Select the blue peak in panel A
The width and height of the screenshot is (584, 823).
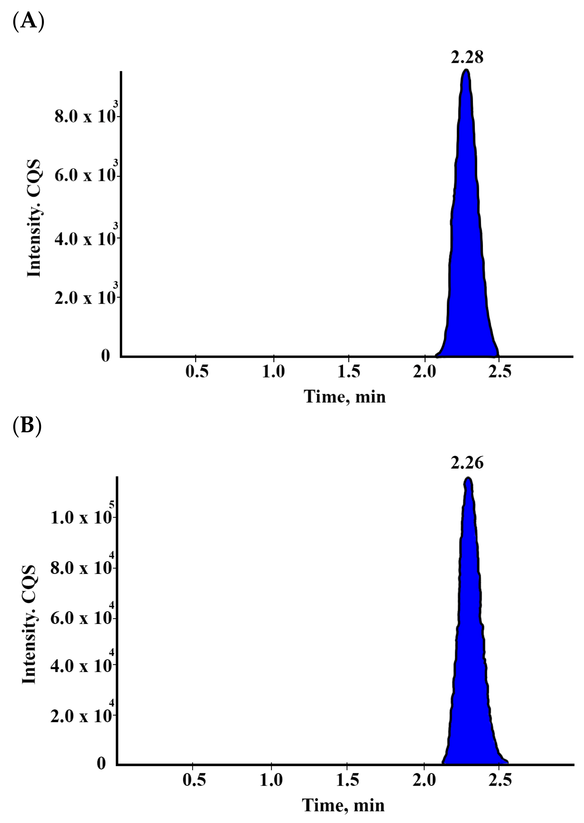tap(467, 252)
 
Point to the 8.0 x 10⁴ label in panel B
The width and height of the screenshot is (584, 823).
tap(82, 568)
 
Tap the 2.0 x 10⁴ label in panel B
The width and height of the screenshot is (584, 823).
tap(82, 717)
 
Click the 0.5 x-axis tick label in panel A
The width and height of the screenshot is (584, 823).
tap(197, 372)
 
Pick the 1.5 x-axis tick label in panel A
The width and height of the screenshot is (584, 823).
tap(349, 372)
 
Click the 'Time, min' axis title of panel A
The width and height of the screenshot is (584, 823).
tap(345, 397)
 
